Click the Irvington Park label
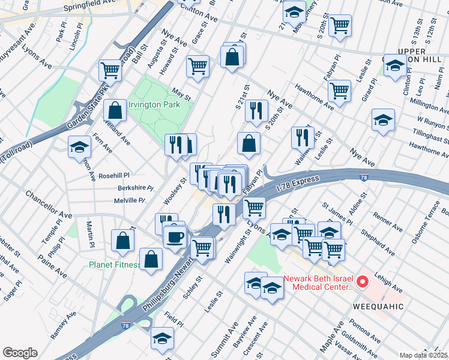coord(154,105)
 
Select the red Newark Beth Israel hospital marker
coord(362,281)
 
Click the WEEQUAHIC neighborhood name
coord(375,307)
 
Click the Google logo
coord(20,353)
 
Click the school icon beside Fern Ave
coord(79,147)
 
